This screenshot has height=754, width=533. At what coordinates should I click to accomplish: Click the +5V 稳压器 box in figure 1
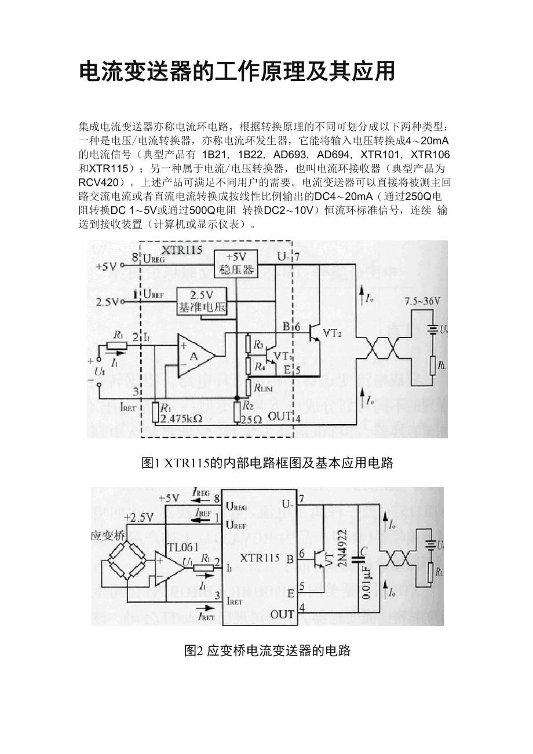(x=235, y=265)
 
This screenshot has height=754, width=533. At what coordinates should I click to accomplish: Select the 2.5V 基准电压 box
(x=201, y=301)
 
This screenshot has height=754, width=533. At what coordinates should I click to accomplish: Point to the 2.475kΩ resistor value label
(x=182, y=418)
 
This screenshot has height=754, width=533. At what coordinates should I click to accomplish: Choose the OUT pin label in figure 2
(x=282, y=614)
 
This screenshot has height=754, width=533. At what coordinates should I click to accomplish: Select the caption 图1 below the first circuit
(x=267, y=463)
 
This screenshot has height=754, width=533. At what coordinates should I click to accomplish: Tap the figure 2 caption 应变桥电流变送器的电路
(x=267, y=650)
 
